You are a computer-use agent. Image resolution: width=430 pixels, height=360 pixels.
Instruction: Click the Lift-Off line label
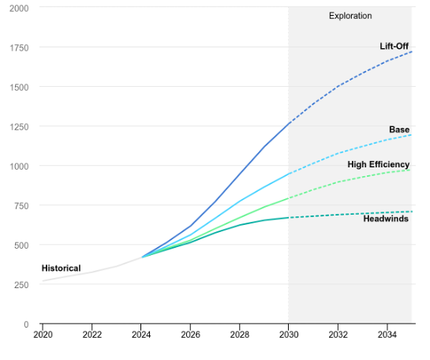coord(394,47)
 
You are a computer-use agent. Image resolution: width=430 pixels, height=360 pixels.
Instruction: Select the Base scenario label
coord(398,129)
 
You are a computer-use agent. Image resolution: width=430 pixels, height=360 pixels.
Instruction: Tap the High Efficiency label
coord(378,164)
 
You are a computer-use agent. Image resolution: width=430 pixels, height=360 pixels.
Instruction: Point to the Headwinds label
coord(385,219)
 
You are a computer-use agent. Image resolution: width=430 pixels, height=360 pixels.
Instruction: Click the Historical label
coord(61,268)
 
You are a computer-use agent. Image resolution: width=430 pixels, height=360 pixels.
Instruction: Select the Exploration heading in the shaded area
coord(350,16)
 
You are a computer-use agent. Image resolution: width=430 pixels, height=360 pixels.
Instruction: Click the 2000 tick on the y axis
coord(19,8)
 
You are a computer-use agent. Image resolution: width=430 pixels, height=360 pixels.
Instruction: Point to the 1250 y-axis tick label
coord(19,126)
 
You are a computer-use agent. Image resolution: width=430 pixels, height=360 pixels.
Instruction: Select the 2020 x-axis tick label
coord(43,335)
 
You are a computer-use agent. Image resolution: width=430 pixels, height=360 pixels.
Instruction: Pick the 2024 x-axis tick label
coord(141,335)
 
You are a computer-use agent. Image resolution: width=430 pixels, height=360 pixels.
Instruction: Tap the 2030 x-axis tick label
coord(289,335)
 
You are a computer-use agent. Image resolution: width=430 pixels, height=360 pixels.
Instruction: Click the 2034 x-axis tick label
coord(387,335)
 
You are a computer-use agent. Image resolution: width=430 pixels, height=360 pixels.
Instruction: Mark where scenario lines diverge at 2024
coord(141,257)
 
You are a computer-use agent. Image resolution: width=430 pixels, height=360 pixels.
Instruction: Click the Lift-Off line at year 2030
coord(289,123)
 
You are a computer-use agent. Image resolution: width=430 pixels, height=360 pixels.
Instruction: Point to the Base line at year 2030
coord(289,173)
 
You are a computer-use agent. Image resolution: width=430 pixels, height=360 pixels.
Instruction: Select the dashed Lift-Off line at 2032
coord(338,87)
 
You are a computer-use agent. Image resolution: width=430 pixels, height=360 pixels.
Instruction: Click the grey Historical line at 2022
coord(92,272)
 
